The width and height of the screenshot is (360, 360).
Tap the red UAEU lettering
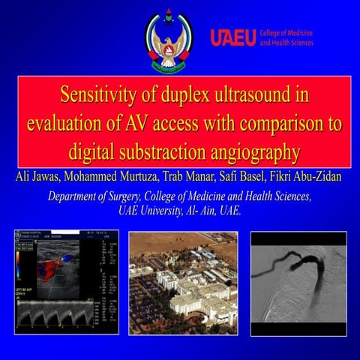pyautogui.click(x=233, y=37)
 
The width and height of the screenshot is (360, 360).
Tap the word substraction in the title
pyautogui.click(x=164, y=152)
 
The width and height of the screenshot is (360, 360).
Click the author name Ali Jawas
pyautogui.click(x=37, y=177)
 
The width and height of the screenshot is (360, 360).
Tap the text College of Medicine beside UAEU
pyautogui.click(x=286, y=33)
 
